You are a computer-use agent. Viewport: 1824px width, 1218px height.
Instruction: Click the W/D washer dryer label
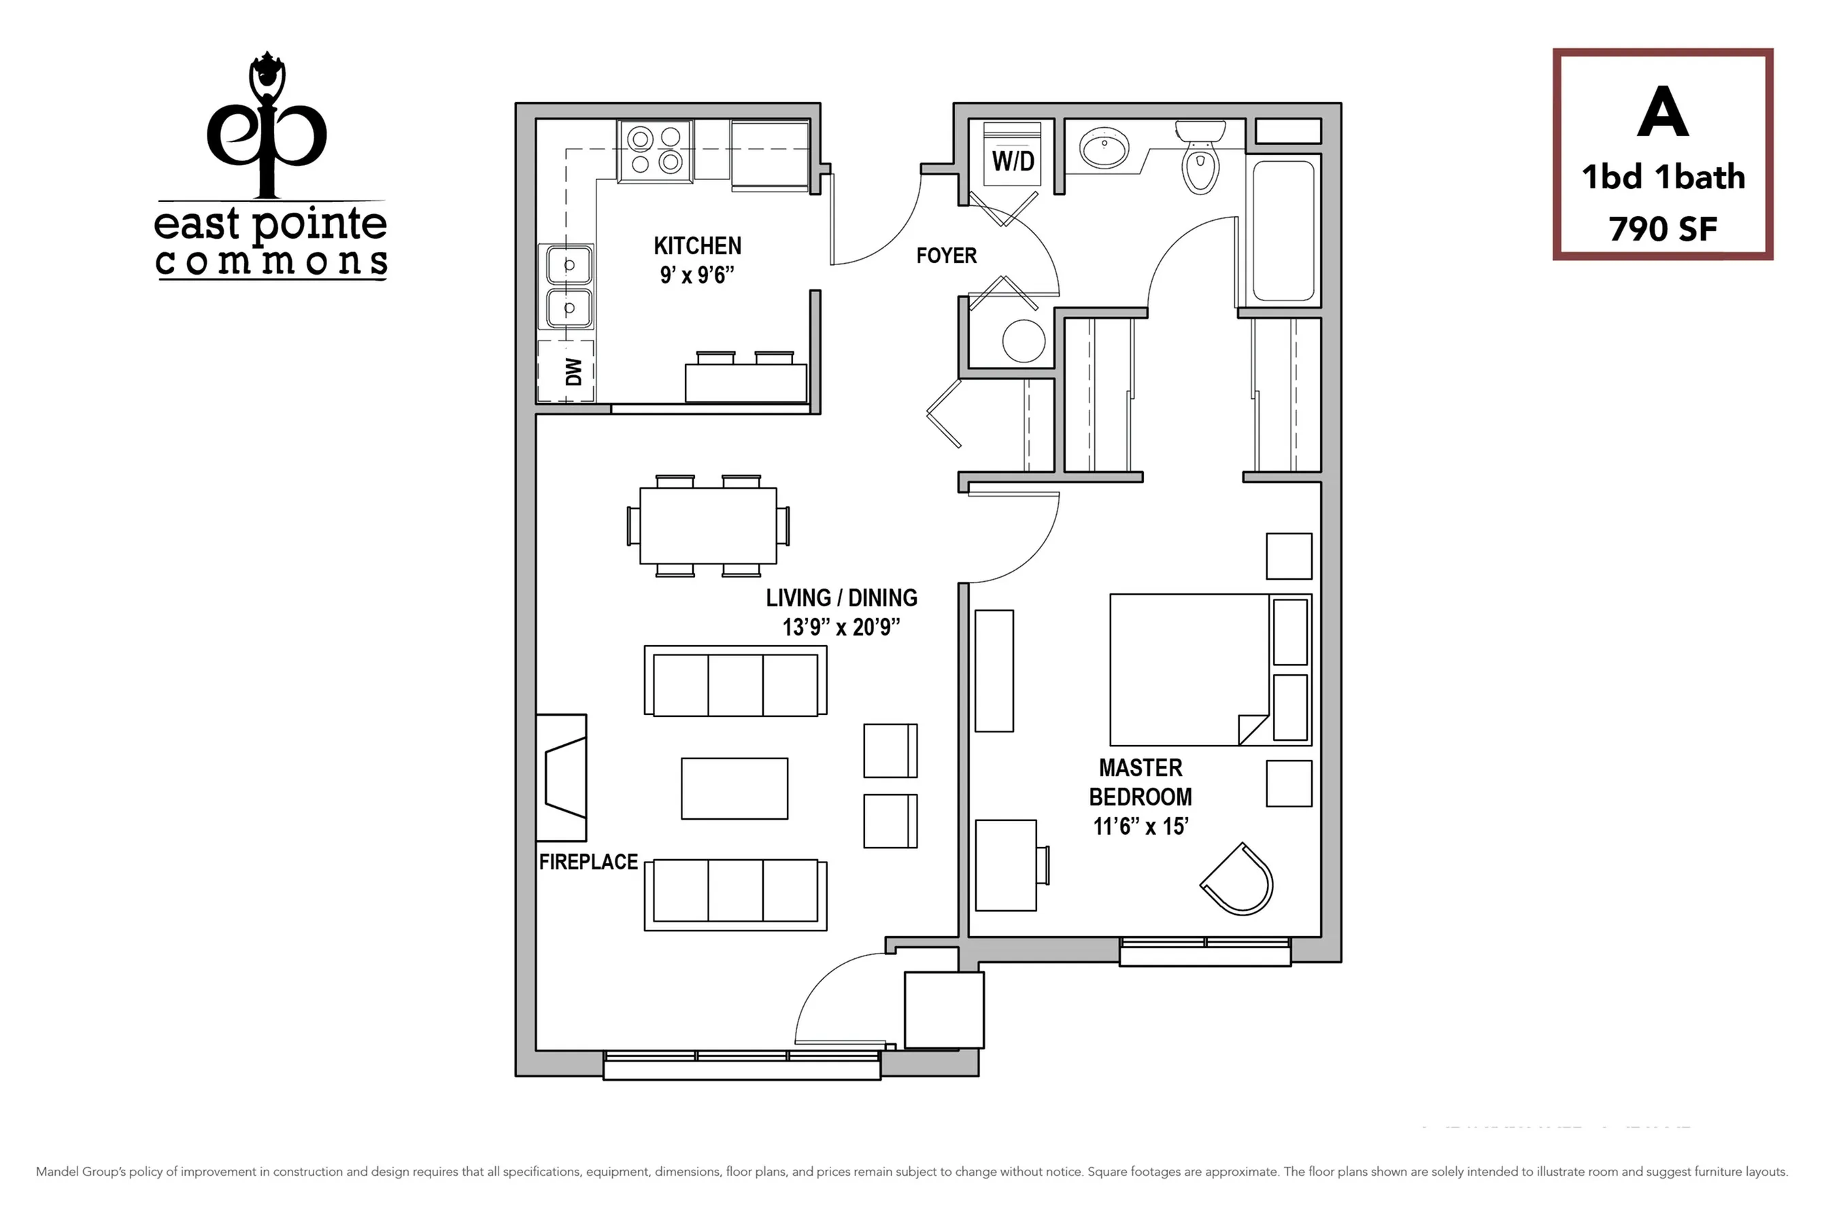[x=1013, y=162]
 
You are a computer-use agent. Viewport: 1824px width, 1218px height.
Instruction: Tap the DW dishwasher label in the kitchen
[x=573, y=371]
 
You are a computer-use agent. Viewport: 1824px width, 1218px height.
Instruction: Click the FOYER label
[x=946, y=256]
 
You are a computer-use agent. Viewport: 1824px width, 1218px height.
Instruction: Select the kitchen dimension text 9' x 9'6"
[x=697, y=275]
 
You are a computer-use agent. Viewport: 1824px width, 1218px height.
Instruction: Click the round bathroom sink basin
[x=1104, y=147]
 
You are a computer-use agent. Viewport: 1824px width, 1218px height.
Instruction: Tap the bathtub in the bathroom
[x=1283, y=230]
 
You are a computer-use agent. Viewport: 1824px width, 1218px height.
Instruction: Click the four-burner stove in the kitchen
[x=655, y=151]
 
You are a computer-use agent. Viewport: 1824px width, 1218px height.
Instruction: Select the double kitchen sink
[x=568, y=287]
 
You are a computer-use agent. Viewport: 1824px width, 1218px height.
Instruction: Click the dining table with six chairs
[x=707, y=526]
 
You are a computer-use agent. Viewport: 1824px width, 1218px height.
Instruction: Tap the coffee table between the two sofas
[x=734, y=788]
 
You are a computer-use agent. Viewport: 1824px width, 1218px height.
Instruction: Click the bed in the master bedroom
[x=1189, y=669]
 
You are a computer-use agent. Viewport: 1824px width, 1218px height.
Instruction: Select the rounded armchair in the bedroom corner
[x=1239, y=881]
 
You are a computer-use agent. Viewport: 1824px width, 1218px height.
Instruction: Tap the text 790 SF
[x=1662, y=229]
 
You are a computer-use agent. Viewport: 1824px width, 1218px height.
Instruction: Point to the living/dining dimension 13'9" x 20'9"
[x=841, y=627]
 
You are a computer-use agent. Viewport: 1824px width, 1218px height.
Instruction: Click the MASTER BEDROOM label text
[x=1140, y=782]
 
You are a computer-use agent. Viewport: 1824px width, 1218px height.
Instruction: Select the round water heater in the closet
[x=1023, y=341]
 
